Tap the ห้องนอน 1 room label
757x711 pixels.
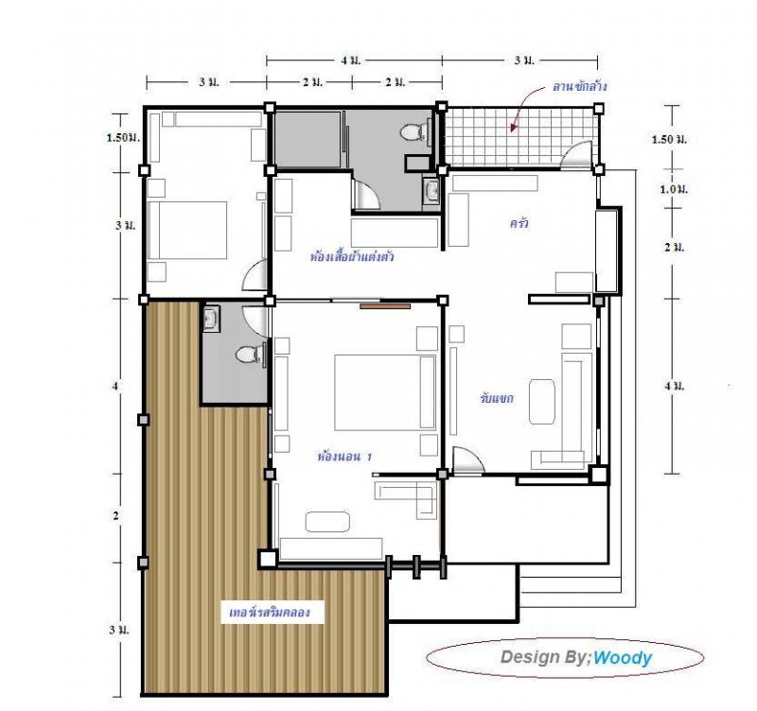pyautogui.click(x=345, y=457)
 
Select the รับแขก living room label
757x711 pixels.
pyautogui.click(x=496, y=399)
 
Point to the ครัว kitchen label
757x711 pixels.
pyautogui.click(x=519, y=224)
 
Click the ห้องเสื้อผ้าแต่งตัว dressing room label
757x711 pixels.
pyautogui.click(x=352, y=256)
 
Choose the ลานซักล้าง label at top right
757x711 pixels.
pyautogui.click(x=580, y=86)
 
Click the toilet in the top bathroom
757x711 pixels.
pyautogui.click(x=413, y=132)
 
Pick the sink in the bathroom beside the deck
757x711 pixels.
pyautogui.click(x=212, y=319)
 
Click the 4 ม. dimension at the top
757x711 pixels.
pyautogui.click(x=353, y=61)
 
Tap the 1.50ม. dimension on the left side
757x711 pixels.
pyautogui.click(x=123, y=138)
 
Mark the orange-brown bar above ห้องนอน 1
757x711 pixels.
pyautogui.click(x=385, y=305)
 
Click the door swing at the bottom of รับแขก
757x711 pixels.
pyautogui.click(x=467, y=460)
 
